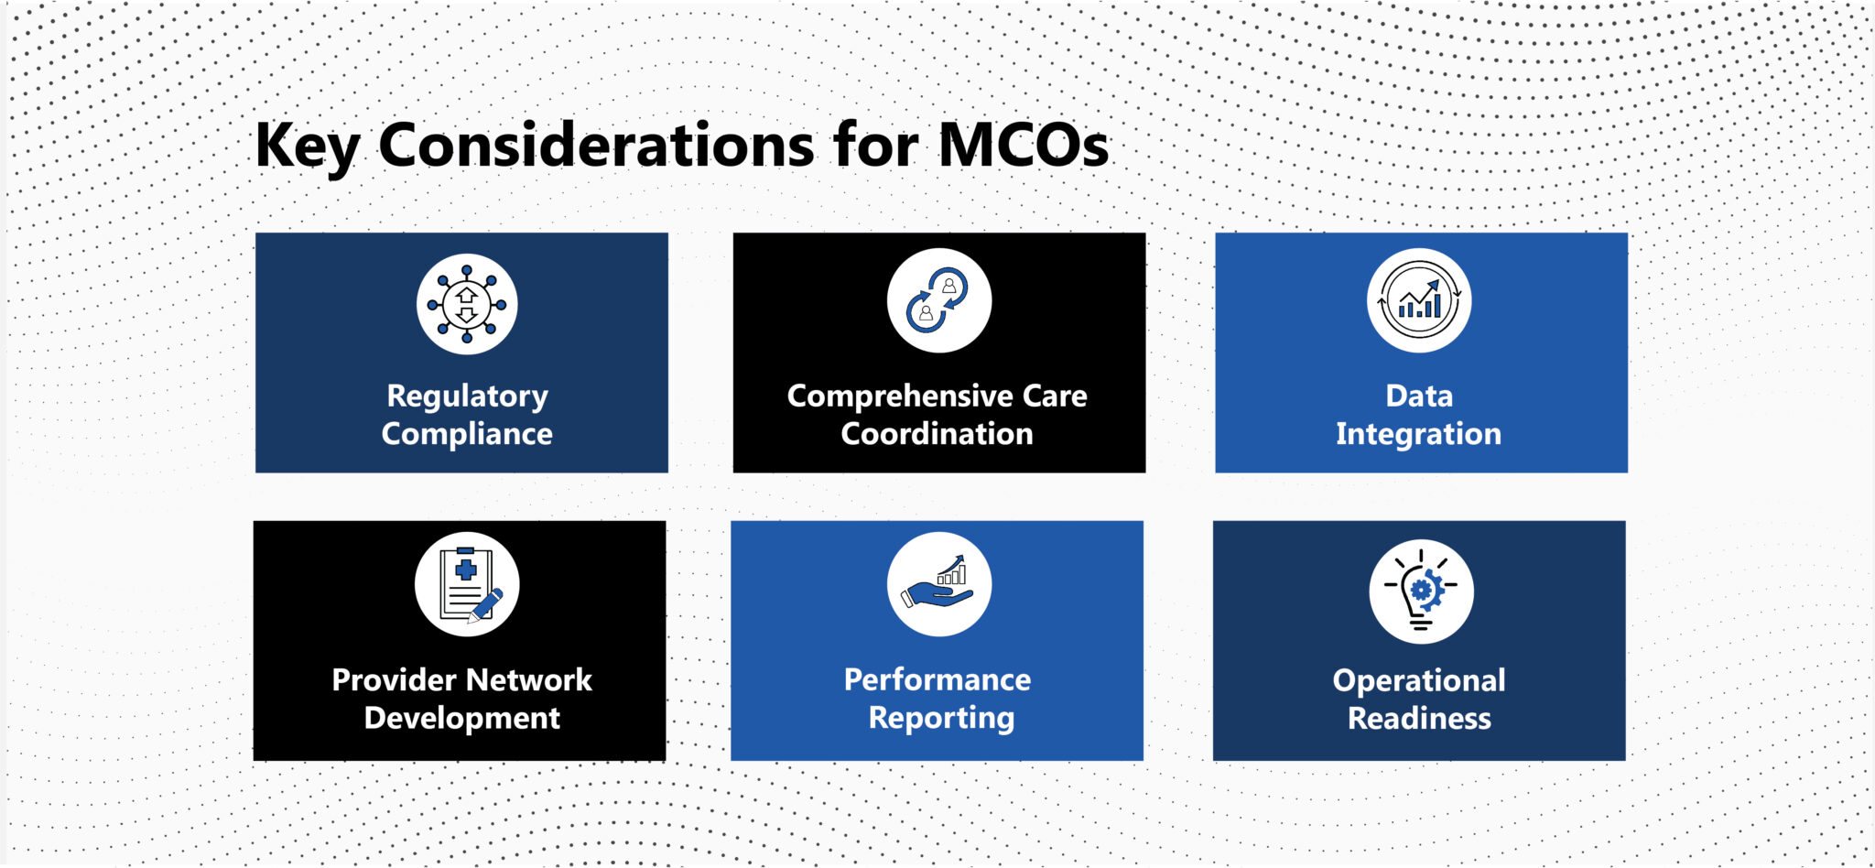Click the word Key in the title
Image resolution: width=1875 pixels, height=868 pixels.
point(307,146)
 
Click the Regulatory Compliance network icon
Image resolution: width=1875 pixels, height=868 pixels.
point(467,304)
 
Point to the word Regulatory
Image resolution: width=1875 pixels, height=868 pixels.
point(467,396)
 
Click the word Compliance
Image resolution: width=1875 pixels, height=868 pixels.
point(467,433)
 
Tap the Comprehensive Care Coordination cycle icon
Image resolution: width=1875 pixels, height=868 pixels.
point(938,300)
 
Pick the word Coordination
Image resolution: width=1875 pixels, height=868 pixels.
point(937,433)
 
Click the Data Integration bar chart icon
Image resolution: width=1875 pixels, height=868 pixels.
point(1419,300)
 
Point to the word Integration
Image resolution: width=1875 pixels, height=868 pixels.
point(1418,433)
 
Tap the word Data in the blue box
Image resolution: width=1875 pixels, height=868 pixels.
point(1419,396)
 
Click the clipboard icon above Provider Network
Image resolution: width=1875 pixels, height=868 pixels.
point(467,584)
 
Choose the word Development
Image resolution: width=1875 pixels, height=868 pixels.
point(461,718)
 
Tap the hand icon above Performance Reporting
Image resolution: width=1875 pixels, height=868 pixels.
point(938,584)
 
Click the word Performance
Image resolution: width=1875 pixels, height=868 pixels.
point(937,679)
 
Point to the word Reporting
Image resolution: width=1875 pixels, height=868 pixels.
point(941,718)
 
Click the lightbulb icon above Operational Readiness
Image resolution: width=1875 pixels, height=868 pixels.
point(1421,591)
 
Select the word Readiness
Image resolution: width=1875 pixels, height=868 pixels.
point(1419,718)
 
